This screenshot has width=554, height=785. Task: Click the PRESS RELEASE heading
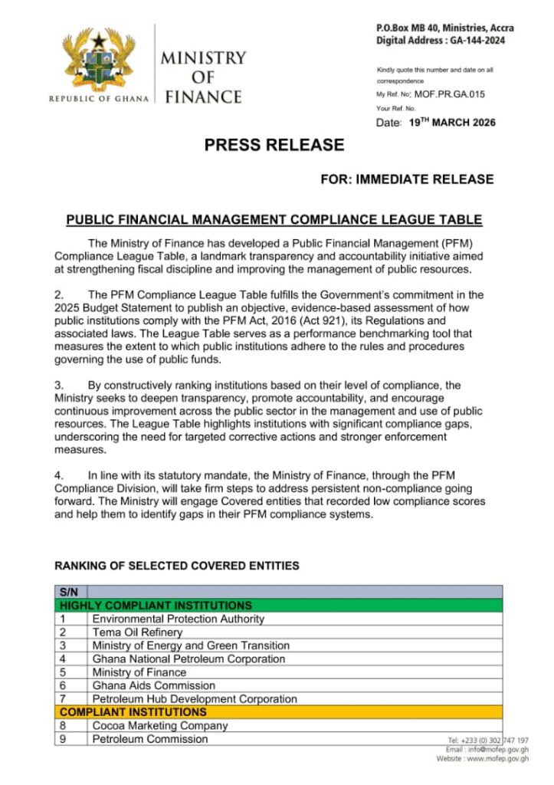[x=274, y=144]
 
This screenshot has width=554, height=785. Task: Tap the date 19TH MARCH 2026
[x=451, y=123]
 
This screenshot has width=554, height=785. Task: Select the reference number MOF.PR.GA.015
[x=450, y=94]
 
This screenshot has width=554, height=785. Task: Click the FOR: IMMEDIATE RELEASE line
[x=407, y=179]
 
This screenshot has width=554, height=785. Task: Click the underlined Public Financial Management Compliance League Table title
[x=274, y=220]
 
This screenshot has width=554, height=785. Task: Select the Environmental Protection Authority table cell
[x=178, y=619]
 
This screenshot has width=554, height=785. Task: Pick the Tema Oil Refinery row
[x=137, y=632]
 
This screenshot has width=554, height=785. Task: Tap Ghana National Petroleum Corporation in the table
[x=188, y=659]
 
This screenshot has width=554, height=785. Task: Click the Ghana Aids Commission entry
[x=153, y=685]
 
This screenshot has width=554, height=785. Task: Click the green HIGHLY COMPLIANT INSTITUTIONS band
[x=279, y=605]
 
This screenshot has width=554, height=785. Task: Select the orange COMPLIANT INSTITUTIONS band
[x=279, y=712]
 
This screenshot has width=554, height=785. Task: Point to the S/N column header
[x=70, y=592]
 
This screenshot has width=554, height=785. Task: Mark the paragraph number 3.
[x=58, y=385]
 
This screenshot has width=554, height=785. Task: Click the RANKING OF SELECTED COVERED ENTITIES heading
[x=176, y=566]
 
